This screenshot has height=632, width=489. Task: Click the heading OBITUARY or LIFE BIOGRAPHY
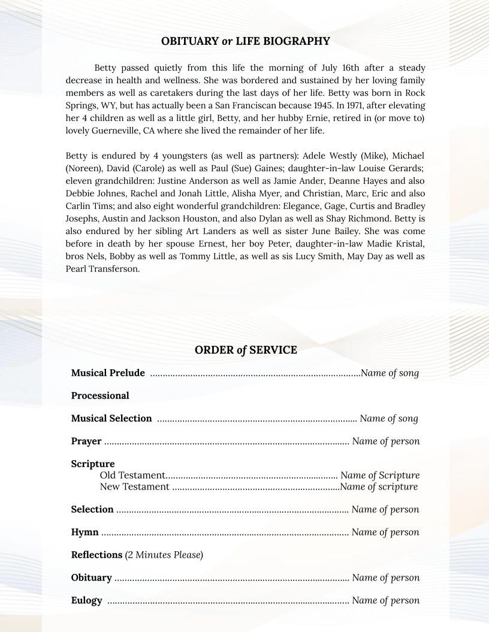point(245,41)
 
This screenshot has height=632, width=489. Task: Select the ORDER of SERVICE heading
point(245,350)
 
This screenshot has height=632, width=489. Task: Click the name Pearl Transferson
point(102,269)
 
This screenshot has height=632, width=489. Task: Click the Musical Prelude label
point(108,373)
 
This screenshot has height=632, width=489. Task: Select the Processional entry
point(100,396)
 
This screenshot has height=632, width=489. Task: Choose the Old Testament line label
point(132,476)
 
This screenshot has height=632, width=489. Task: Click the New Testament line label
point(134,487)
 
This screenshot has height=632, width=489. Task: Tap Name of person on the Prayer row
point(385,442)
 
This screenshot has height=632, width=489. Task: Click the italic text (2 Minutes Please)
point(164,555)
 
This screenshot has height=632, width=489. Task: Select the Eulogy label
point(86,601)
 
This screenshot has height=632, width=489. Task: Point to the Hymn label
point(84,533)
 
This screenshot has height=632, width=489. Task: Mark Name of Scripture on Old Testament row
point(379,476)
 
